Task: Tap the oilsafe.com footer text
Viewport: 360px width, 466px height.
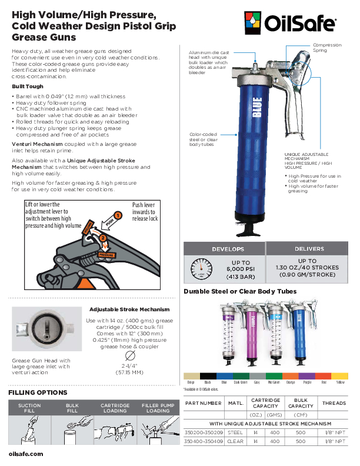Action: [26, 454]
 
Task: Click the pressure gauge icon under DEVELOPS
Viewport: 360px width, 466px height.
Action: [201, 269]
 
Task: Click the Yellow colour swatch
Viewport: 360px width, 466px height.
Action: [341, 376]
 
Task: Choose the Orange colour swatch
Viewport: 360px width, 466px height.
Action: [291, 376]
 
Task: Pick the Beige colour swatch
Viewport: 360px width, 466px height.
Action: [192, 376]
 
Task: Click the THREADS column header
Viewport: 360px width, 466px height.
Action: [334, 403]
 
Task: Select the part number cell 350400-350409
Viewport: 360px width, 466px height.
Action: [204, 441]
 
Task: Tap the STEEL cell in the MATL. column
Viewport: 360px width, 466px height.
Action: [235, 432]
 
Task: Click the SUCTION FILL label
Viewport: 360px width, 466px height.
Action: [29, 408]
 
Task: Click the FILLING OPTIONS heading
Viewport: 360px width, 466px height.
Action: [38, 392]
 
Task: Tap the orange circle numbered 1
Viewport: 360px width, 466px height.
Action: [118, 216]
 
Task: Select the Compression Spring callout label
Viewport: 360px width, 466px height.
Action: [328, 48]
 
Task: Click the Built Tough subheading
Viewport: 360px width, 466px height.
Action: [27, 86]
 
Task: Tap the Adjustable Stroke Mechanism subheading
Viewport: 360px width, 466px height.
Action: [129, 309]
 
